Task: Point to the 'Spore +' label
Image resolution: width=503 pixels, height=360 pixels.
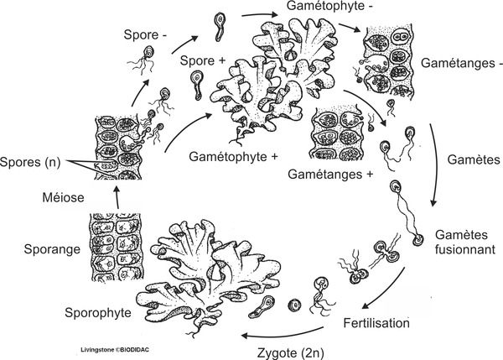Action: [x=203, y=61]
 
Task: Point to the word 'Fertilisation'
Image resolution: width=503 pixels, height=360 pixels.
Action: [x=376, y=321]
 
